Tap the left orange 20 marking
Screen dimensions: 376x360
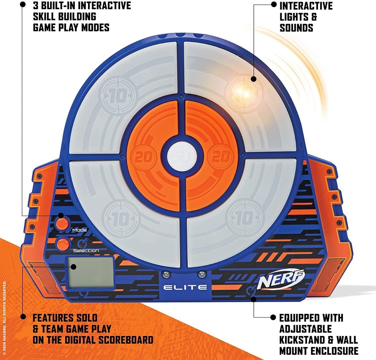[144, 157]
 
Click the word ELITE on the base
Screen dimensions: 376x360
[185, 287]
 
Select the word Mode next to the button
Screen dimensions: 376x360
[80, 230]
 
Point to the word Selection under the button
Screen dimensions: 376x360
[86, 251]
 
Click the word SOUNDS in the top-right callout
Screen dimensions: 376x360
[296, 28]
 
